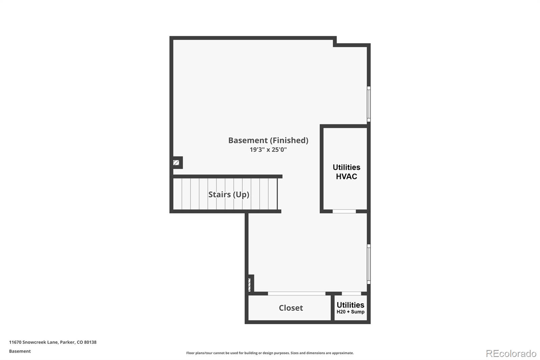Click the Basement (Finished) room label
(x=268, y=140)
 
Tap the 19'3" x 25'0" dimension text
(x=268, y=150)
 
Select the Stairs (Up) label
(x=228, y=195)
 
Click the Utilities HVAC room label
(x=346, y=172)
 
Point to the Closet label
(x=291, y=308)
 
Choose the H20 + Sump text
(x=350, y=312)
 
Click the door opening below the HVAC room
(x=344, y=211)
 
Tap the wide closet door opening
(x=297, y=293)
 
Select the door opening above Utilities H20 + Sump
(x=351, y=293)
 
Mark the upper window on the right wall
(x=369, y=104)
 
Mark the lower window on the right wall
(x=369, y=264)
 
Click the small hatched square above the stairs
(x=176, y=163)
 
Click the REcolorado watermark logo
(x=511, y=354)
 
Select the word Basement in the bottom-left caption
(x=20, y=351)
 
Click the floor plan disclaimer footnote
(x=270, y=353)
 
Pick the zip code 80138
(x=90, y=342)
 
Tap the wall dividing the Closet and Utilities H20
(x=333, y=308)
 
